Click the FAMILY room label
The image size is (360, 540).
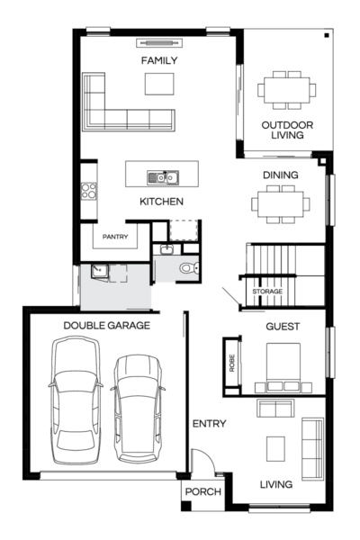pos(159,61)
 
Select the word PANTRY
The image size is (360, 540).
pos(115,238)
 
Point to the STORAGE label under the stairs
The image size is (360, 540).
pos(267,292)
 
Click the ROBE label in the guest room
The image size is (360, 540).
pos(232,364)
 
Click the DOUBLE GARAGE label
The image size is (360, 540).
pos(106,325)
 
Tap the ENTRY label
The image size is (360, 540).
pos(209,424)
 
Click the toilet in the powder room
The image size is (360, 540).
pos(186,267)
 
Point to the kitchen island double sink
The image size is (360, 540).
pos(163,176)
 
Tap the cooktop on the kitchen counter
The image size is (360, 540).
pos(88,191)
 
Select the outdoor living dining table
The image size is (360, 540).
pos(287,90)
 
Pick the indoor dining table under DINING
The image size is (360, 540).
pos(280,202)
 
